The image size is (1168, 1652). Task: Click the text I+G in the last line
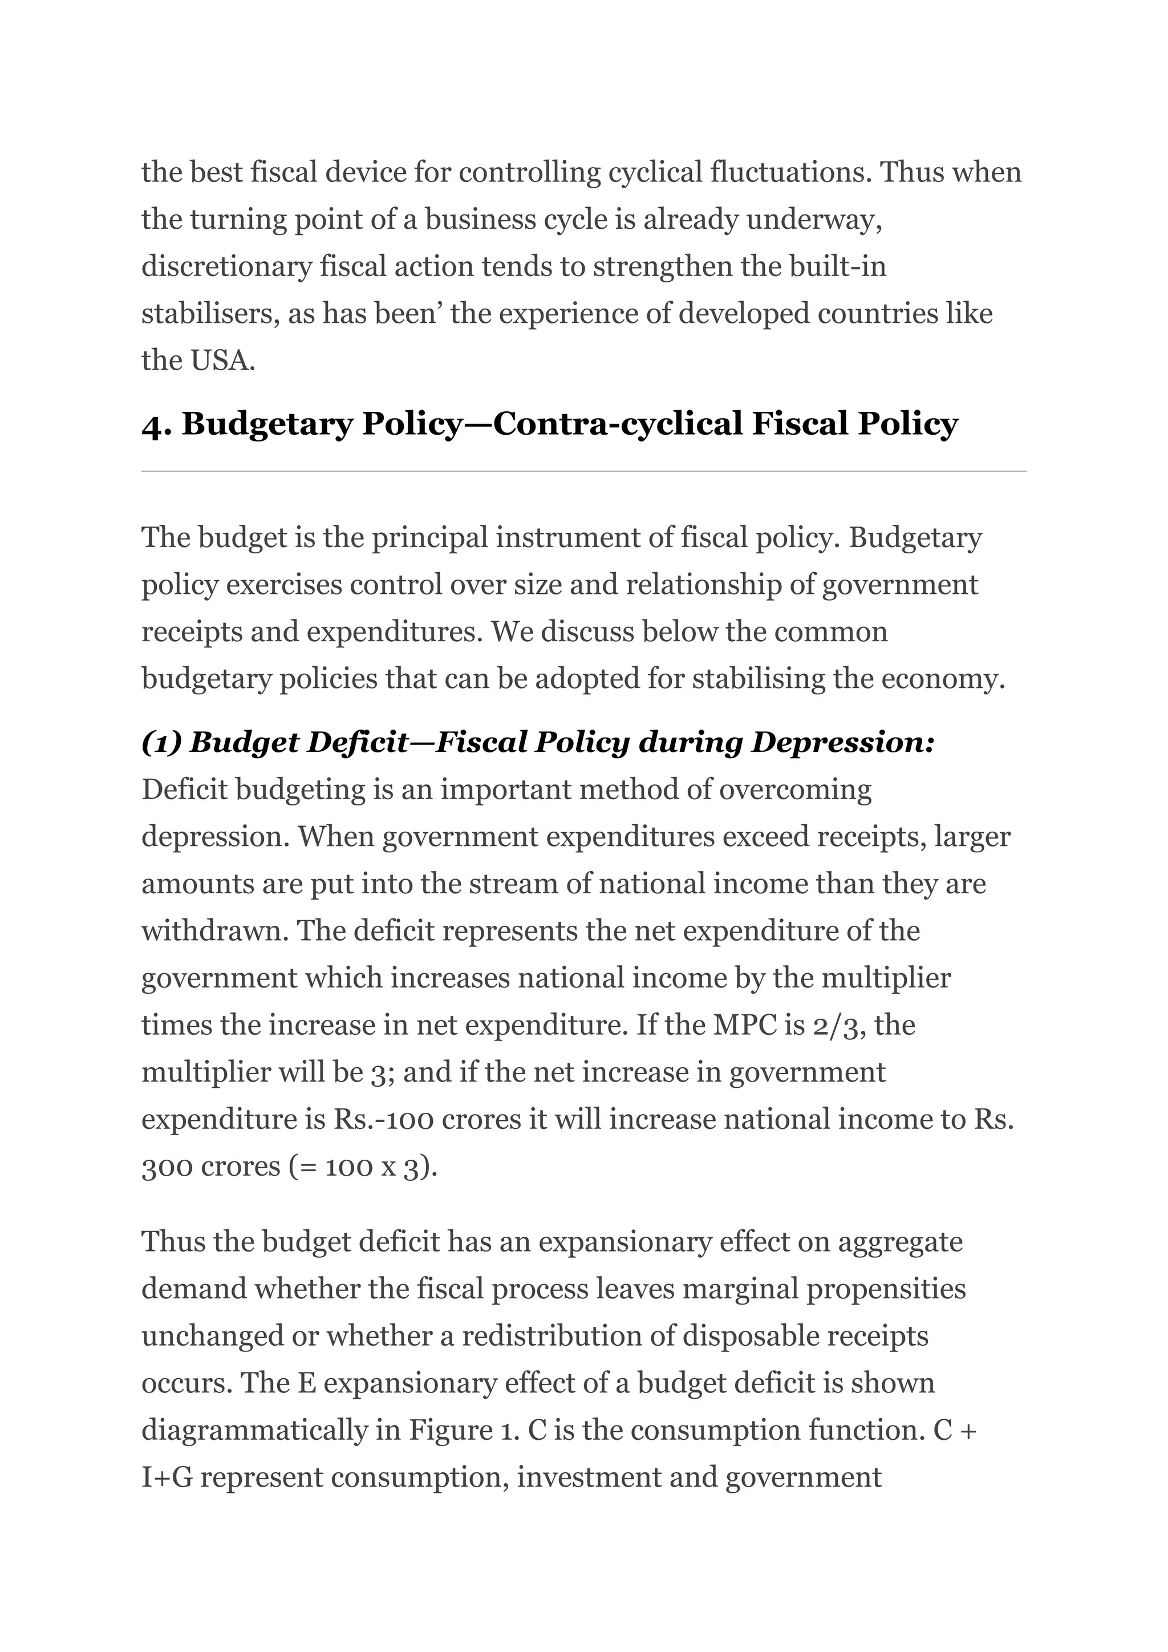(x=167, y=1477)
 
